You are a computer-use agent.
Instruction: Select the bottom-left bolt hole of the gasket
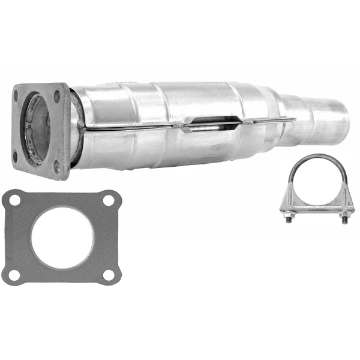coord(13,275)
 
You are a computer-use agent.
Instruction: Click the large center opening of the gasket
coord(62,238)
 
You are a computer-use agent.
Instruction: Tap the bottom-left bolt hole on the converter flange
coord(16,157)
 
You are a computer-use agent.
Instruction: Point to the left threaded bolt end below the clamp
coord(287,221)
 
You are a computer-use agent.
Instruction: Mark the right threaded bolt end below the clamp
coord(344,221)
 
